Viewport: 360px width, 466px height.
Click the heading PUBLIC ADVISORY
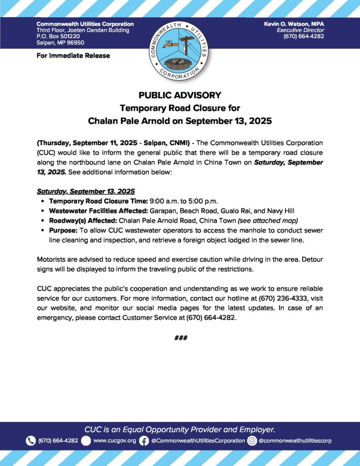(x=180, y=95)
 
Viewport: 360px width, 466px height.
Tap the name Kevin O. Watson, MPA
(x=294, y=24)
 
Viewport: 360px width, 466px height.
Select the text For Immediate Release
(x=73, y=56)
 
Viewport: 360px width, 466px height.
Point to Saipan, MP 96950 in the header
(x=60, y=43)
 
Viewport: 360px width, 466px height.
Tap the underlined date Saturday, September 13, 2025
(x=86, y=192)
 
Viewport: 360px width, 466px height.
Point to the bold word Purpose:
(x=63, y=230)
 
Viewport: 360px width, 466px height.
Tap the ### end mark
(x=181, y=338)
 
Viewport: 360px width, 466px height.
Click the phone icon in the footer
(x=30, y=441)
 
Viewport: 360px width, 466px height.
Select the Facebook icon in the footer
(x=144, y=441)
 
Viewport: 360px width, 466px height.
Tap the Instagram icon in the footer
(x=252, y=441)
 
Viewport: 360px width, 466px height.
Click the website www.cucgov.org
(x=115, y=441)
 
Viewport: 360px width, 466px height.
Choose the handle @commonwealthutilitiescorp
(x=295, y=441)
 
